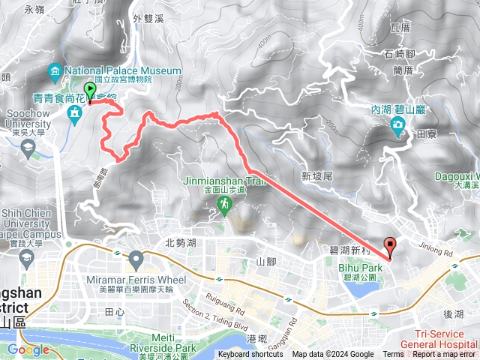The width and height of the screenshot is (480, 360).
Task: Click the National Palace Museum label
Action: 123,70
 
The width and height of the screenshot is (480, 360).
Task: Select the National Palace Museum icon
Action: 55,72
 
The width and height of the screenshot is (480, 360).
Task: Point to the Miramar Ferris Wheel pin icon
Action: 136,260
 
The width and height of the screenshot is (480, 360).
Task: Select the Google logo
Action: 28,349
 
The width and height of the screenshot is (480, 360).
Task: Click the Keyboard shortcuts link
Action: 250,355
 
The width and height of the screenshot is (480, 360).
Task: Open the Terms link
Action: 393,355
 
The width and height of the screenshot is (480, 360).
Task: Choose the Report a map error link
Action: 444,355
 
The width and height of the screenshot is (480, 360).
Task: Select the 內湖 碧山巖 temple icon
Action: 397,133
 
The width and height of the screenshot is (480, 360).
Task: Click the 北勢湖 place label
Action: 180,242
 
